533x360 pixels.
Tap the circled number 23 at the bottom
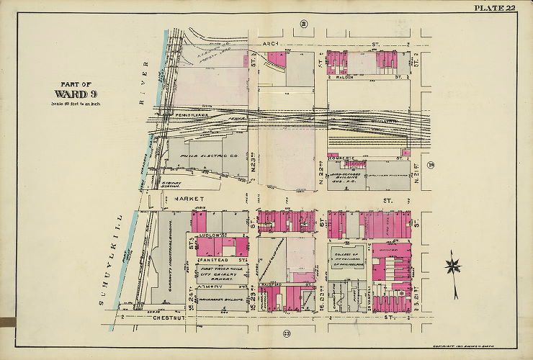pyautogui.click(x=286, y=333)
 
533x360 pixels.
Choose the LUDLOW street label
pyautogui.click(x=213, y=235)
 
